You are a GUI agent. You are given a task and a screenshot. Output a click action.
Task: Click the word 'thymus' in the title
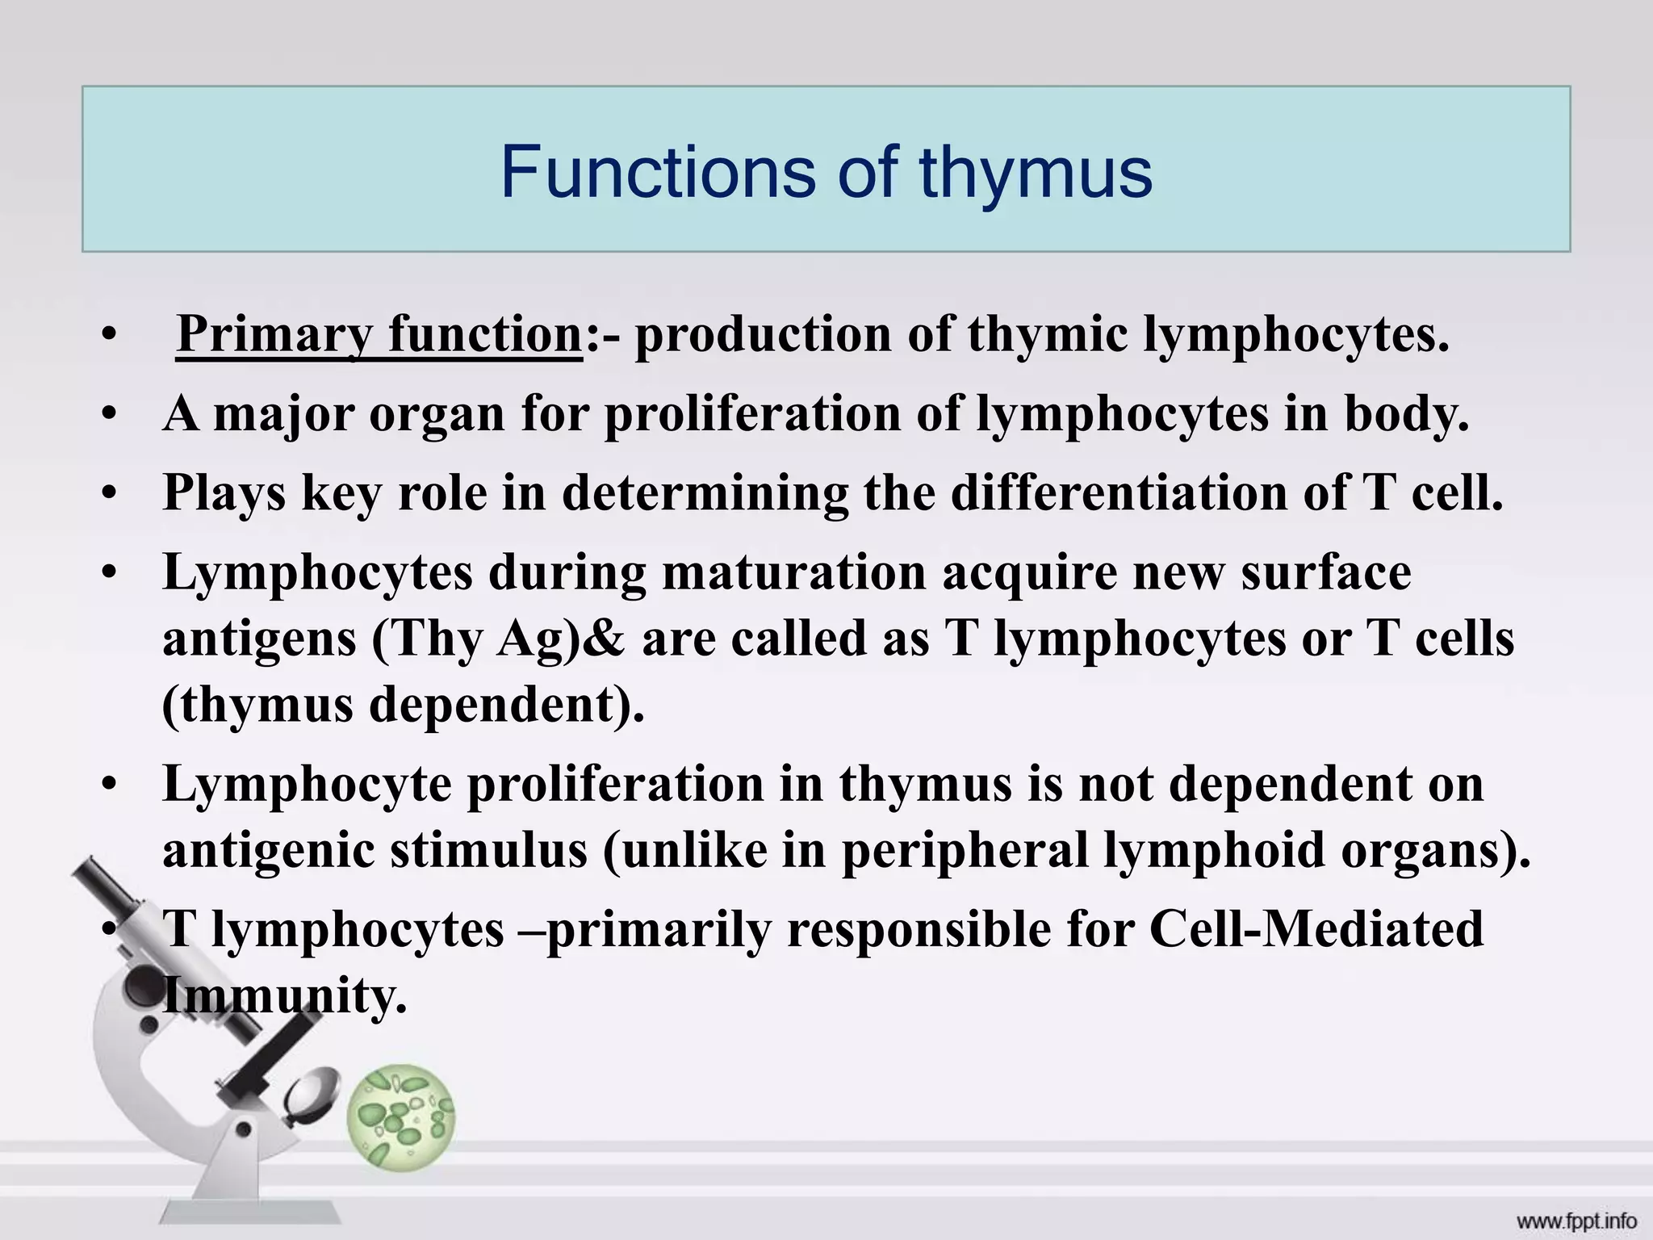(x=1036, y=174)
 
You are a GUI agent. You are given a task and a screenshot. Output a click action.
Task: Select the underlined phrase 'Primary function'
(x=379, y=334)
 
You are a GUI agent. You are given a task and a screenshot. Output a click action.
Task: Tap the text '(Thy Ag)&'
(x=498, y=640)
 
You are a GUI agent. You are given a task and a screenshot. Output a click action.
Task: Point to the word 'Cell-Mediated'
(x=1316, y=929)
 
